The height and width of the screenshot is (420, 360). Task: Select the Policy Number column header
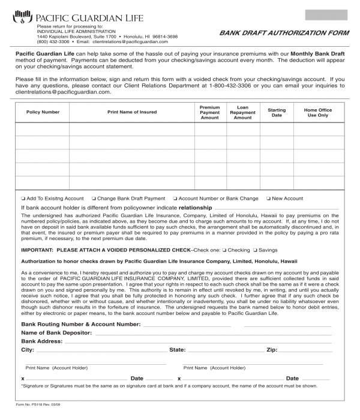[43, 112]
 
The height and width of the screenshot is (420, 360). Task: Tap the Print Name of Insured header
[132, 112]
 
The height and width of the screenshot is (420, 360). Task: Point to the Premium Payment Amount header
[209, 112]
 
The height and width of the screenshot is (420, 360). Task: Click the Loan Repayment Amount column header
[242, 112]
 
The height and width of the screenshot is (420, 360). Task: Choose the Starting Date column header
[277, 112]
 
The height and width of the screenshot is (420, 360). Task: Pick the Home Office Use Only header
[317, 112]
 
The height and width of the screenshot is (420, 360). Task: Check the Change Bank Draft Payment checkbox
[94, 199]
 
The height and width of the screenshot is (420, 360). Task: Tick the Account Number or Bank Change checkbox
[175, 199]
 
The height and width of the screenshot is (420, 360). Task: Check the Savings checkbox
[255, 250]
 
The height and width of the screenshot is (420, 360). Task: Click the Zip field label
[272, 349]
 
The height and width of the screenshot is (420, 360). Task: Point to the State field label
[177, 349]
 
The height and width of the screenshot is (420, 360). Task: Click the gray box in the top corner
[326, 15]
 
